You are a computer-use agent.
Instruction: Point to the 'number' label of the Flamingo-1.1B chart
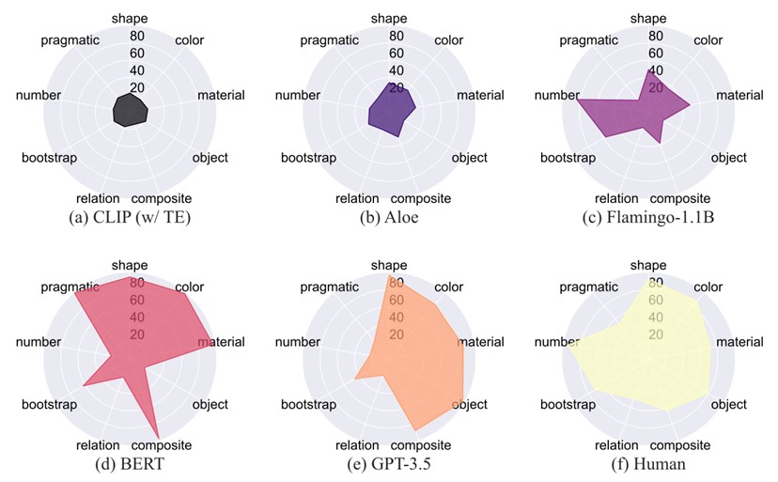[556, 95]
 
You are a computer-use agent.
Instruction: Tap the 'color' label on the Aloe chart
[449, 40]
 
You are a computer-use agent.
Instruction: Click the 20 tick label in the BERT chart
[137, 335]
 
